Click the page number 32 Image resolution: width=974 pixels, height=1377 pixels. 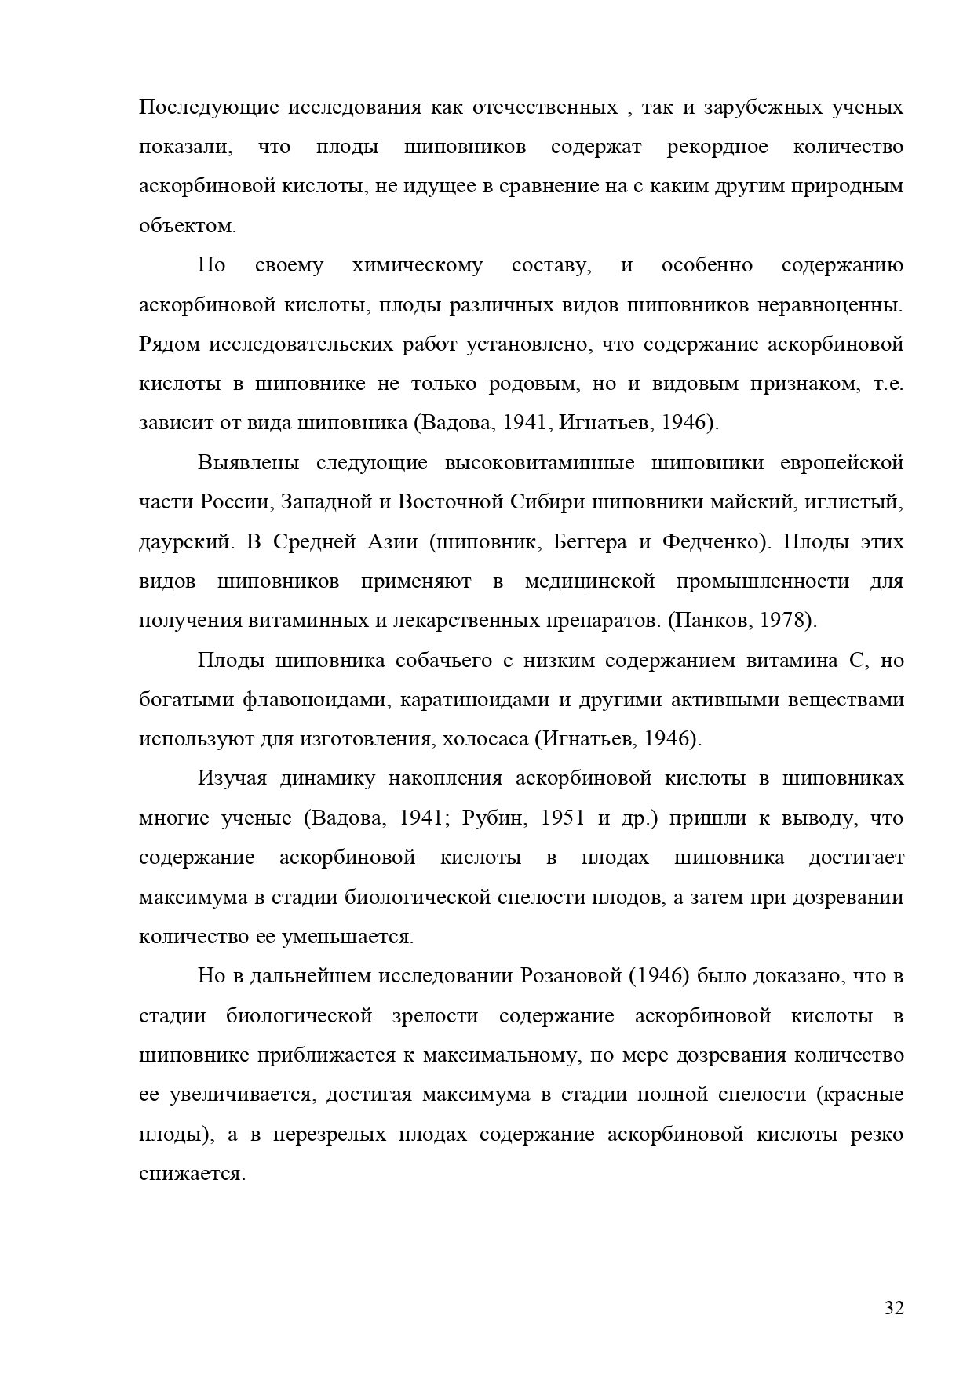pos(894,1308)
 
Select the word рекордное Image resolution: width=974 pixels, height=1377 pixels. pos(717,147)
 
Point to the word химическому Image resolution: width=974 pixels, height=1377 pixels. pos(418,265)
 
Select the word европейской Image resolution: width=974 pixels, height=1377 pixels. pos(841,463)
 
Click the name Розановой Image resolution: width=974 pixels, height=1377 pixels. pos(571,976)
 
